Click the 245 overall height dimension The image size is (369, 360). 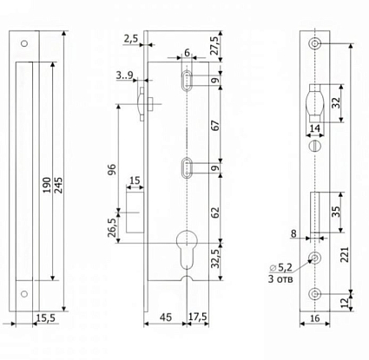(58, 186)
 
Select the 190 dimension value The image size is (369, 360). (47, 186)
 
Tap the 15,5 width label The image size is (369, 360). (46, 318)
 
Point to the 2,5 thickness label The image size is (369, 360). (131, 38)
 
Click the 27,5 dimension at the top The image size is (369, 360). (215, 45)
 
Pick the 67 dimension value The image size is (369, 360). (215, 126)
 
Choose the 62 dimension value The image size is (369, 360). (215, 213)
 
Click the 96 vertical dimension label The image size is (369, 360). (112, 169)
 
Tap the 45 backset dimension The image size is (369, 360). (166, 317)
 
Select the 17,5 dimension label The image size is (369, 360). (198, 317)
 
